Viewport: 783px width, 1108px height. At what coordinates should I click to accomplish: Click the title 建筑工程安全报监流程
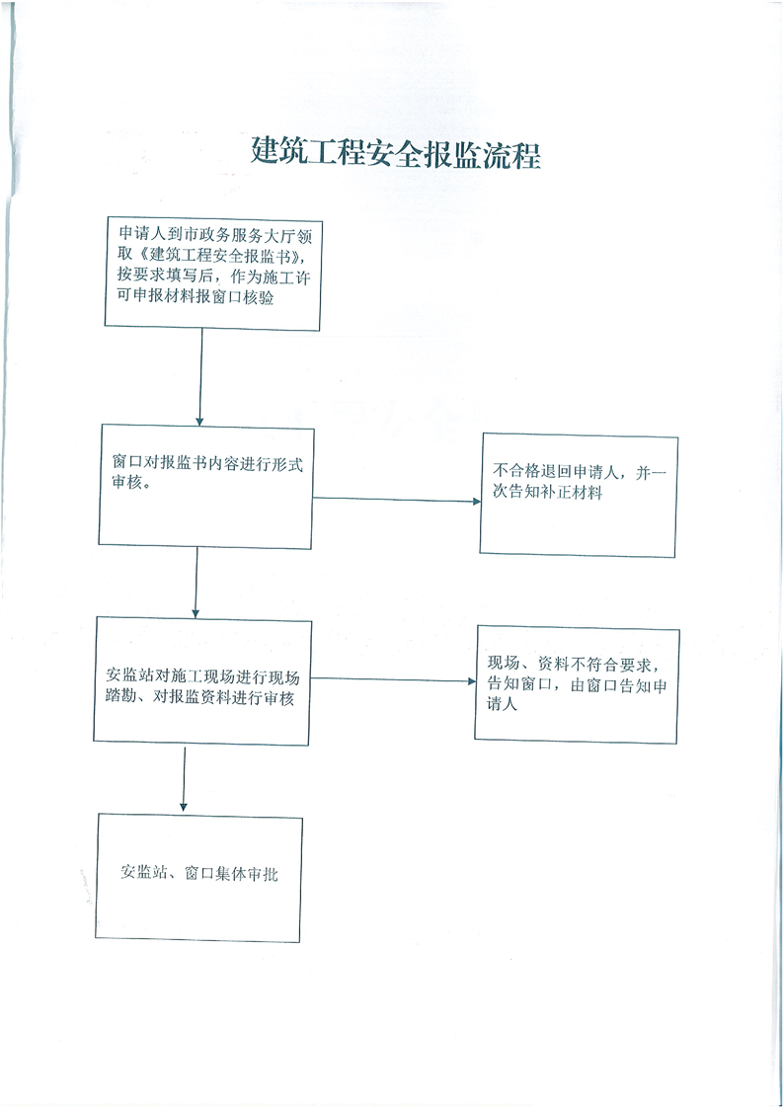396,152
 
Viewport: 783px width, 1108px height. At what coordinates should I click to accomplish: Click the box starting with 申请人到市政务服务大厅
213,274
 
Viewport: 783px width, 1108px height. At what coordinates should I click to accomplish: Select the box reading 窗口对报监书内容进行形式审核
206,486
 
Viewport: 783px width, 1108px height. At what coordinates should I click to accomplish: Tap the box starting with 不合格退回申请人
579,496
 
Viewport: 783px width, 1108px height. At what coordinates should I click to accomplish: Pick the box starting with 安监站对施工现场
202,680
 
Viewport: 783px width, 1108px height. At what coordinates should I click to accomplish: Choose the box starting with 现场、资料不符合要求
577,684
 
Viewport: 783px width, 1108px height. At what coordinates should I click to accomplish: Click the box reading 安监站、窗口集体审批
199,878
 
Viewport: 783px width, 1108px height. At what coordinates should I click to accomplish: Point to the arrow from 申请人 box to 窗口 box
200,377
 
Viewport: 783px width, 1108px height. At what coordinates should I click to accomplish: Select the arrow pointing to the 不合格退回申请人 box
397,500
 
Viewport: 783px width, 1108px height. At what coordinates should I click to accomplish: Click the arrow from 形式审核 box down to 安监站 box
196,583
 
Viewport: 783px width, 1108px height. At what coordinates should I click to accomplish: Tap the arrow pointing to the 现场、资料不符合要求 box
393,679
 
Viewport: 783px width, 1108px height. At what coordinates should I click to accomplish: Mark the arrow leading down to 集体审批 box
184,778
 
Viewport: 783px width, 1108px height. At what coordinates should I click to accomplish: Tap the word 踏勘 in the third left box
120,698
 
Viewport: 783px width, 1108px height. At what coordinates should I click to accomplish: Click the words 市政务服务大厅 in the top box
239,234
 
